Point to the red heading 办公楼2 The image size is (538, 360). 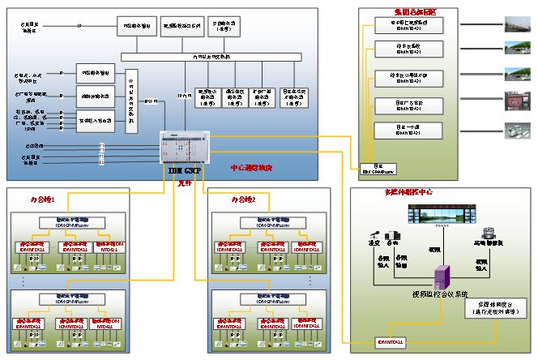click(242, 198)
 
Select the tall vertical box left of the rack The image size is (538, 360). click(132, 102)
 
